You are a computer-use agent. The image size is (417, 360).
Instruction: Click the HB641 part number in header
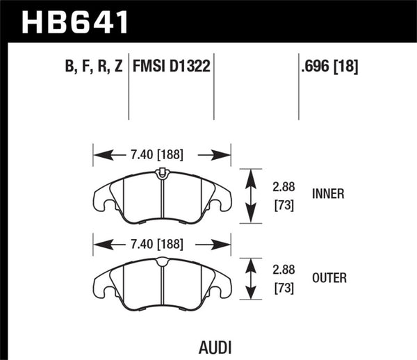[76, 20]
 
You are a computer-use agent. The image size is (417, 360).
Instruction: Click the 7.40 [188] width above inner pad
[162, 154]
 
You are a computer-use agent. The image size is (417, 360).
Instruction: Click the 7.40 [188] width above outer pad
[162, 243]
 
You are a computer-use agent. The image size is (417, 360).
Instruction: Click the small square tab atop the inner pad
[162, 172]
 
